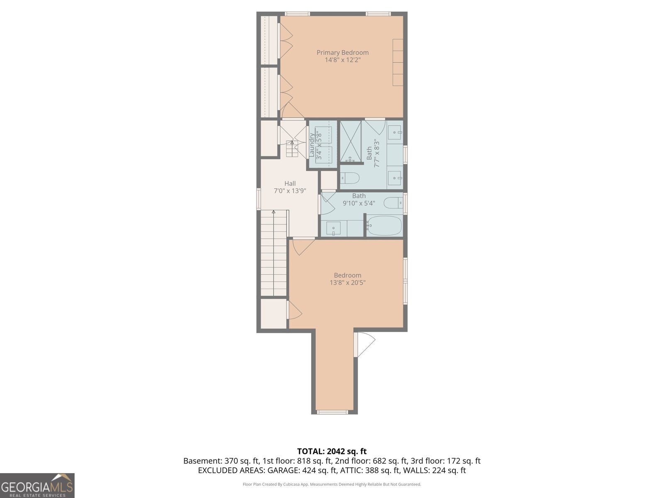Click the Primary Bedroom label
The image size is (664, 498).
pos(342,52)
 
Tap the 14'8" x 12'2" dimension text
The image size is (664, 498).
pos(342,60)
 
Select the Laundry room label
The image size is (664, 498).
pos(312,144)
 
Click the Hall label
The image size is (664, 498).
pos(290,183)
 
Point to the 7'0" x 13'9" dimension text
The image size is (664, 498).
pos(290,191)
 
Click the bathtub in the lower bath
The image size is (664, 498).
pos(385,226)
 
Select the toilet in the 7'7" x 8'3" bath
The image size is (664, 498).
pos(349,178)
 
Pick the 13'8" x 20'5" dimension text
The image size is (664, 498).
pos(347,283)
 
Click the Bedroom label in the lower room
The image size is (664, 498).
pos(347,275)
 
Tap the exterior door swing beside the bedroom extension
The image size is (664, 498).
pos(365,344)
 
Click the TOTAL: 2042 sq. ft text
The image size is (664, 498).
pos(332,451)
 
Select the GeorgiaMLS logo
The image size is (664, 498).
pos(37,486)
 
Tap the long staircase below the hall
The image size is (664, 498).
pos(274,253)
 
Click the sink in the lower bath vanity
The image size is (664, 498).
pos(333,228)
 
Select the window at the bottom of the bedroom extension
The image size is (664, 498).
pos(332,412)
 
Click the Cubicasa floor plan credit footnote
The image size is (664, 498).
pos(332,484)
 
